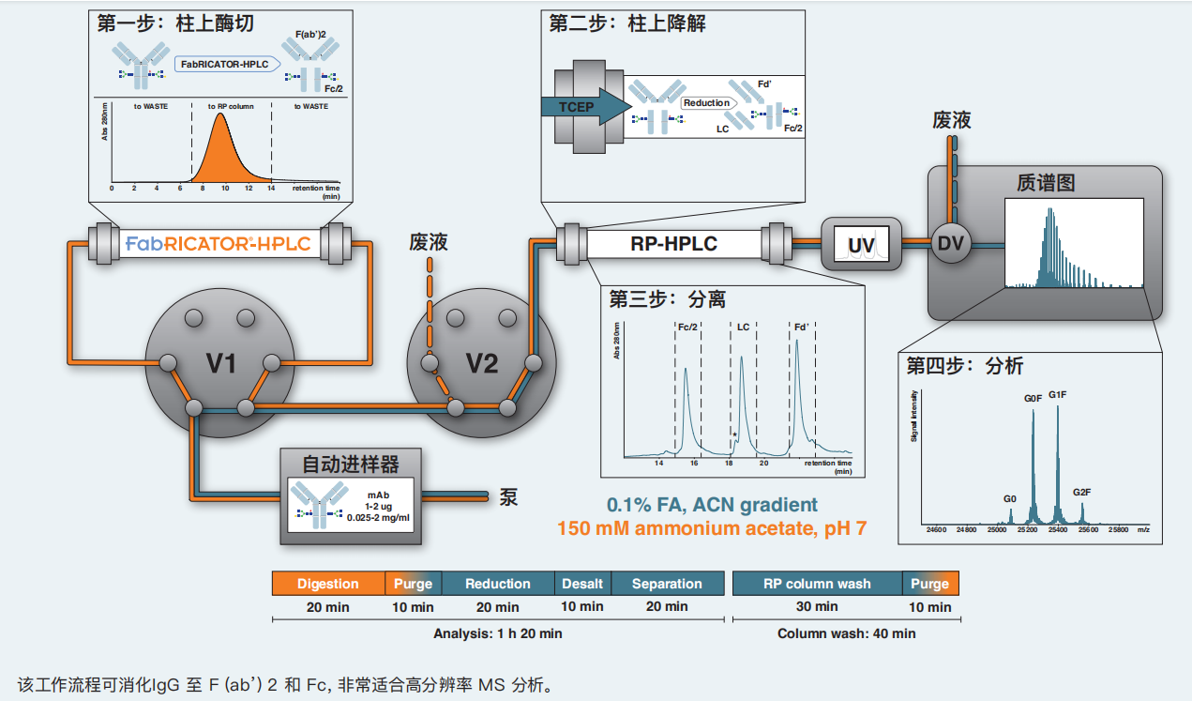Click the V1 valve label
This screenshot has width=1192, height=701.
221,363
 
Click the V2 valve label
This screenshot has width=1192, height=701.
482,363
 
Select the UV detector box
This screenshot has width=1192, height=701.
861,246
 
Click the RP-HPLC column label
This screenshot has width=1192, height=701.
672,244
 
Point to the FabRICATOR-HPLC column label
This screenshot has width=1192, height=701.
219,245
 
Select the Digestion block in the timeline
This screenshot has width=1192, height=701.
328,584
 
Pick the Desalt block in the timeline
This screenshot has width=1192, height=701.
582,584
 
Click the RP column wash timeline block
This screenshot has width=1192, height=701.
816,584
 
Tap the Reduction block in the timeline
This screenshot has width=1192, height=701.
498,584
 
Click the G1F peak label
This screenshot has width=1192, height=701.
1057,395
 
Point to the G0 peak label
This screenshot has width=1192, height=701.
1009,498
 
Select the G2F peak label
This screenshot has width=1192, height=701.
1082,492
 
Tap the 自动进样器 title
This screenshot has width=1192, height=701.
350,464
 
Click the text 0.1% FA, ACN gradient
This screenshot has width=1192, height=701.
712,505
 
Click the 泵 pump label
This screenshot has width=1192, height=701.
508,496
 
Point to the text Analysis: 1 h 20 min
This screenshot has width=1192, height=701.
498,633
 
